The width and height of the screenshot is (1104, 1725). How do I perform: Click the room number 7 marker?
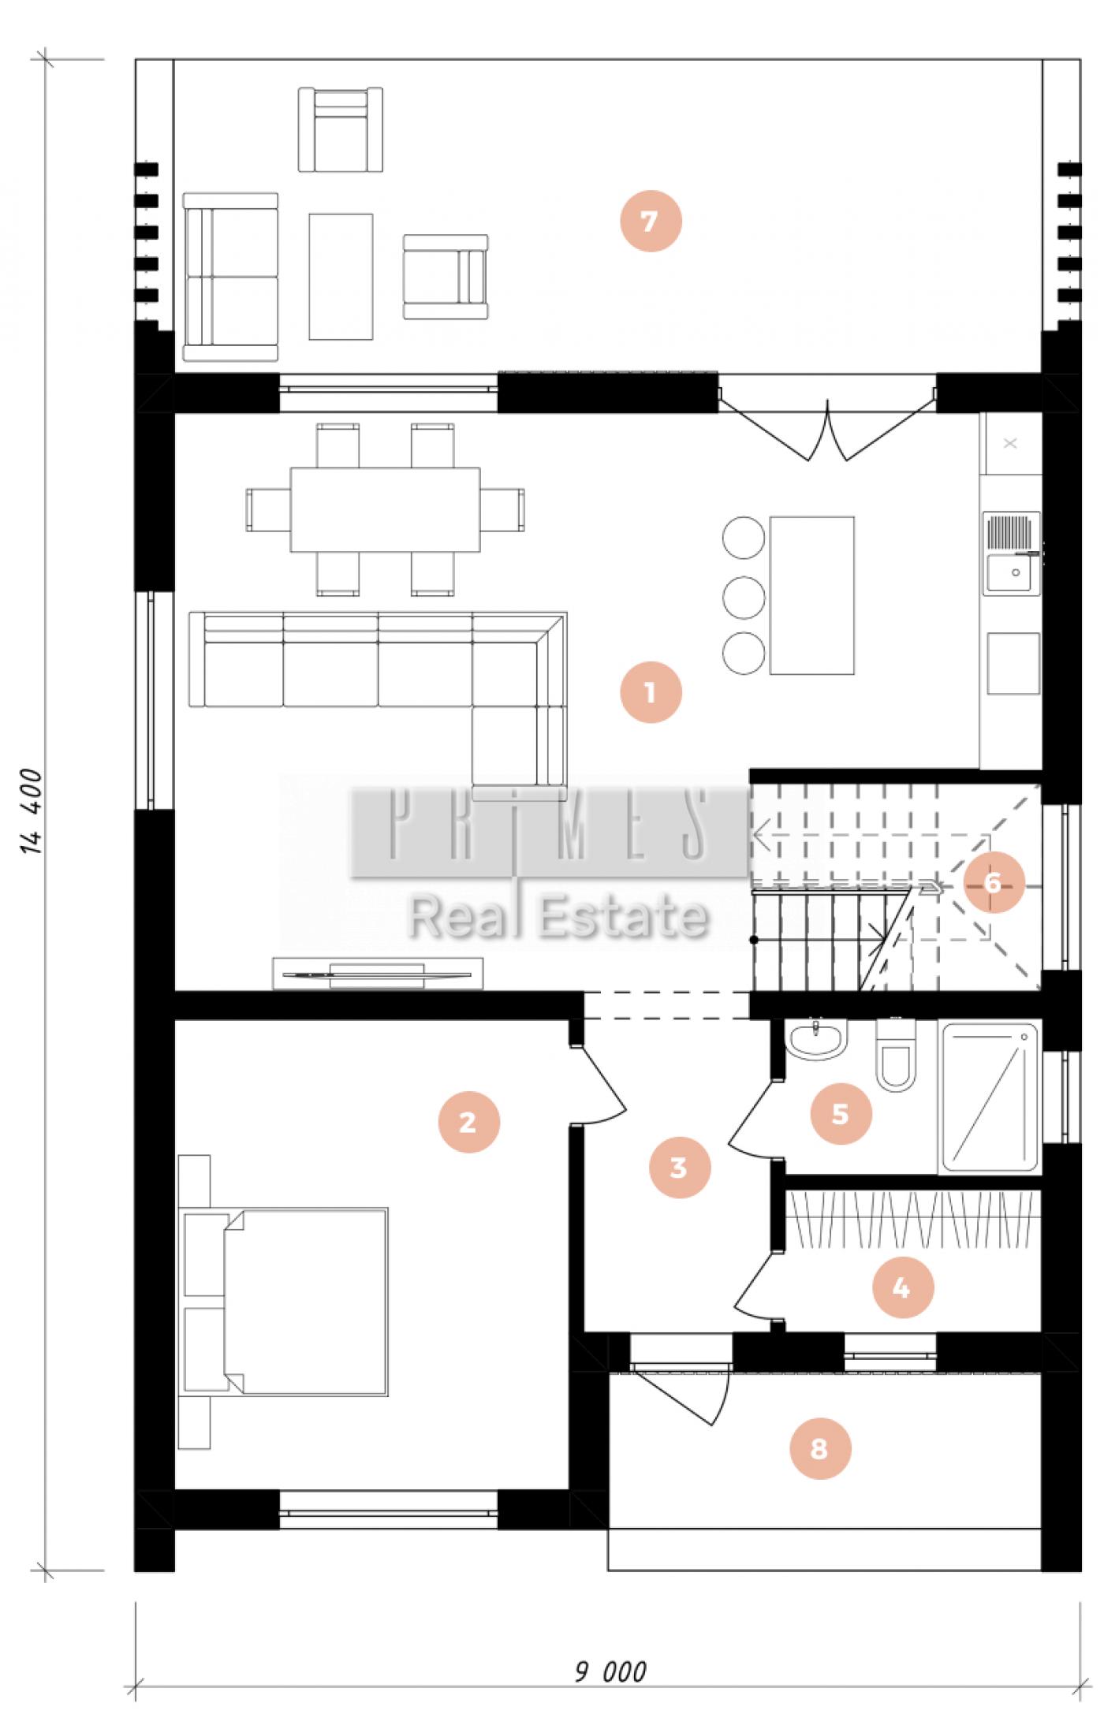coord(649,222)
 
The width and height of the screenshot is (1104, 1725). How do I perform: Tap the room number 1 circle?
coord(650,693)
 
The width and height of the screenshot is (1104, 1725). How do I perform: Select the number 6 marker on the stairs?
coord(992,882)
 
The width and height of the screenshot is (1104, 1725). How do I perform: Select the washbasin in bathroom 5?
coord(817,1041)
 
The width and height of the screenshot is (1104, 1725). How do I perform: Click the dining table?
coord(386,510)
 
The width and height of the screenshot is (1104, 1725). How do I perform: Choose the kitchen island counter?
coord(812,595)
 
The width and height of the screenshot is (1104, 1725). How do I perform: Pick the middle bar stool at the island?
coord(744,596)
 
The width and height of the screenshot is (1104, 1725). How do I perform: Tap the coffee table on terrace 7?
coord(341,277)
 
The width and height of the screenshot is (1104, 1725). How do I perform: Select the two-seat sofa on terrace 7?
coord(230,277)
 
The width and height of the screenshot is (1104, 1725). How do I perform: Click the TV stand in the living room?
coord(378,973)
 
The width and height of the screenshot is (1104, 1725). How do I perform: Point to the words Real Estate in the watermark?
coord(558,917)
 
